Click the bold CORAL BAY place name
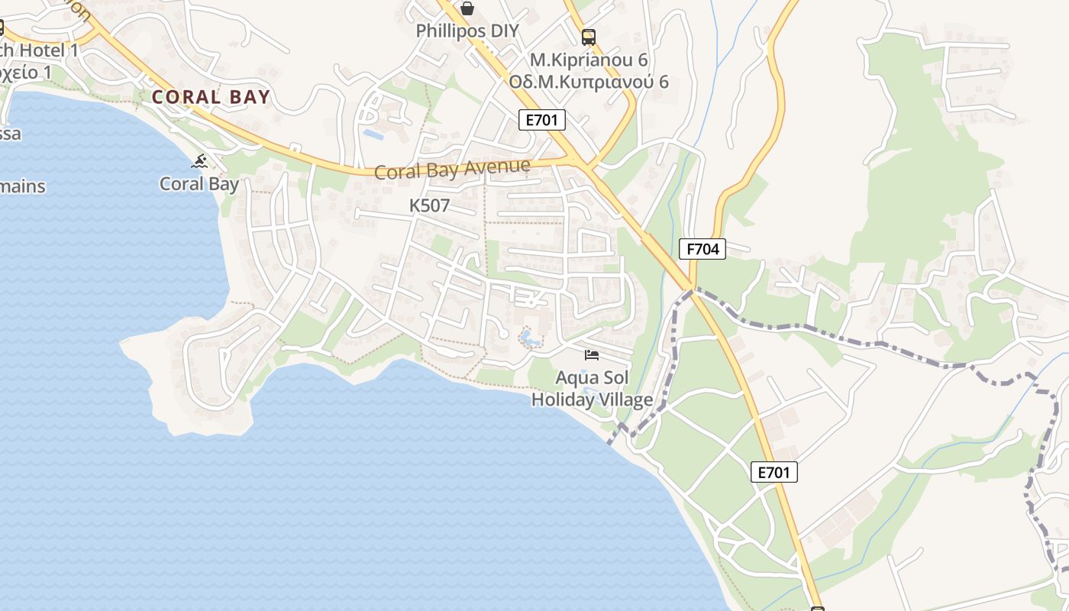tap(211, 97)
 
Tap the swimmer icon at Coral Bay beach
tap(200, 161)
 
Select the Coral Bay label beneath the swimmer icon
tap(199, 184)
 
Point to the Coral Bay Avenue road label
tap(452, 169)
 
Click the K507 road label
tap(429, 205)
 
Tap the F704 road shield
tap(702, 249)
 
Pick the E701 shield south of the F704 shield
tap(773, 472)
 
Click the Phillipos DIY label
tap(467, 31)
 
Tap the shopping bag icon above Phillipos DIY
tap(467, 8)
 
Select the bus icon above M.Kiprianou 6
tap(588, 37)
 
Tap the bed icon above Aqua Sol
tap(592, 354)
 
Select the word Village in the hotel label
tap(625, 399)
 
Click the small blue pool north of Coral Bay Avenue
tap(373, 134)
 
